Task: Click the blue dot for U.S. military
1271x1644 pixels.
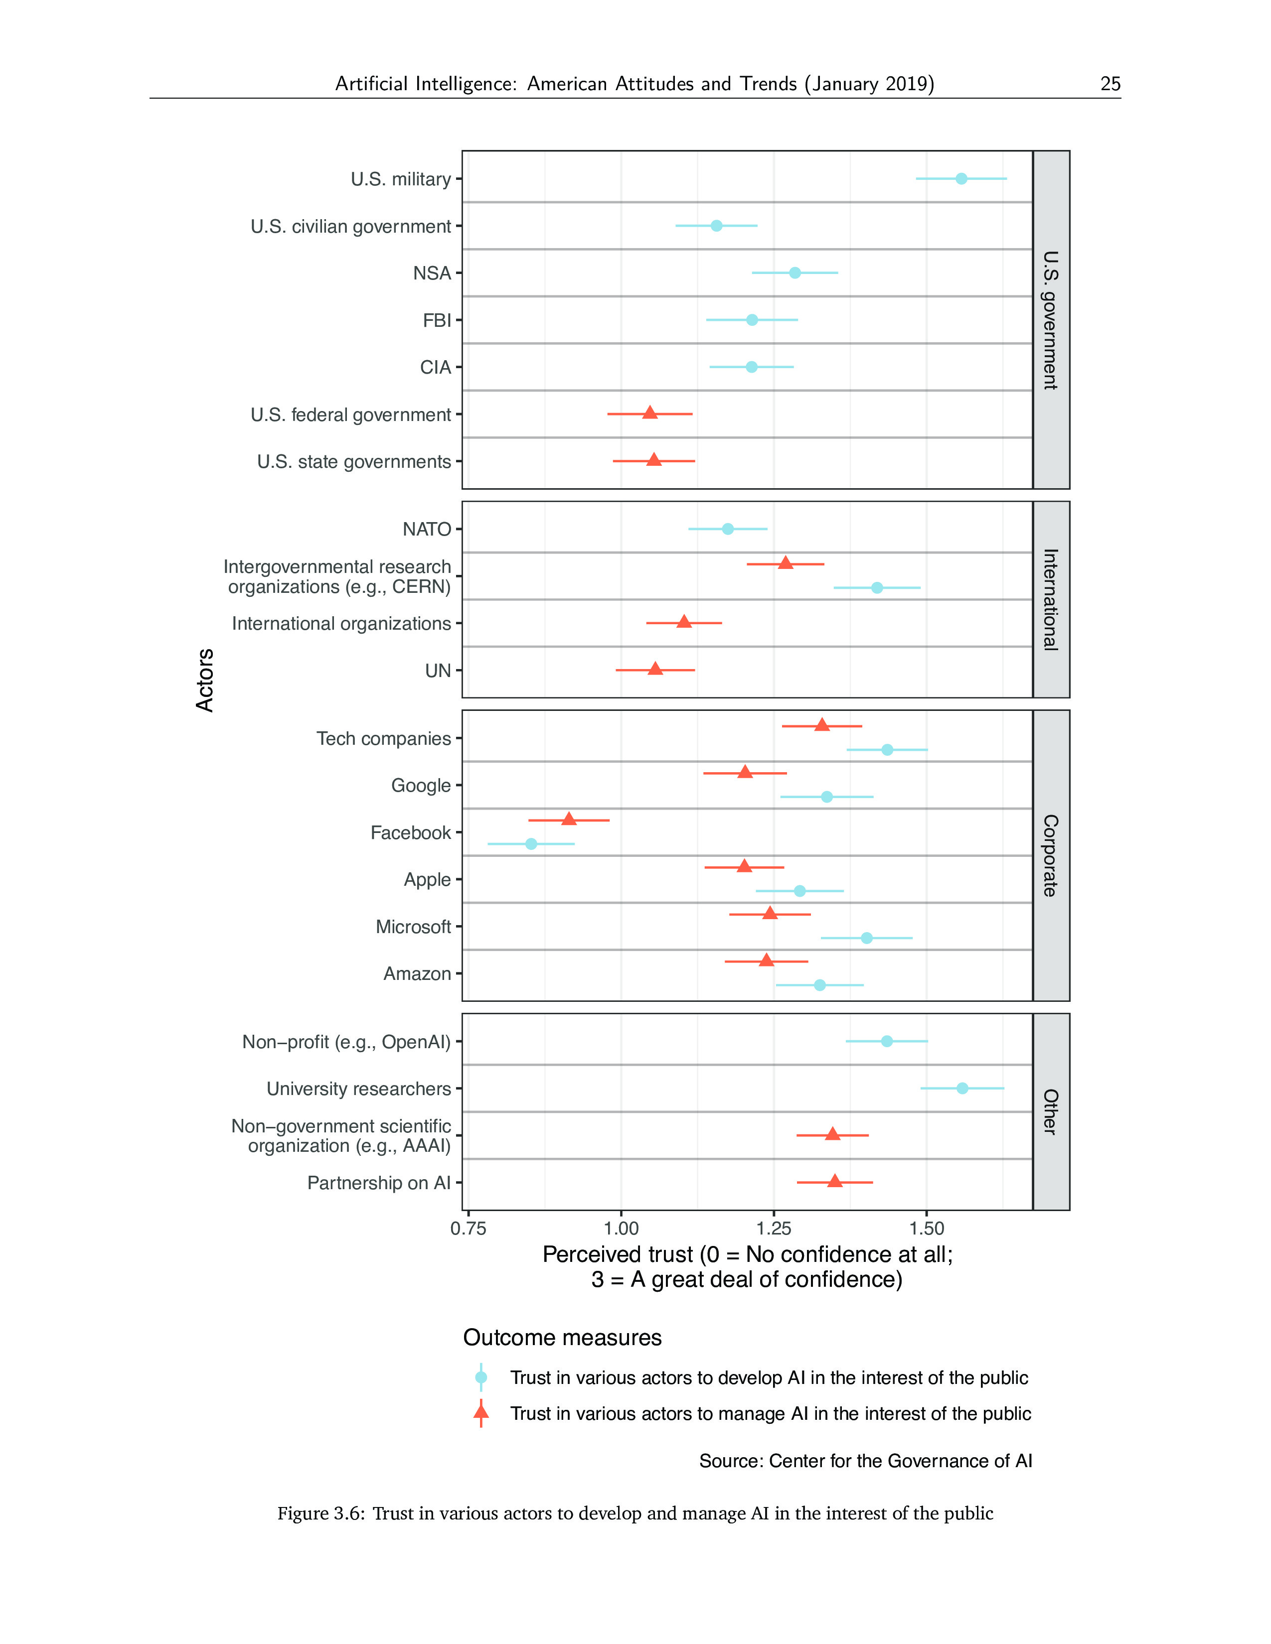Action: [x=961, y=178]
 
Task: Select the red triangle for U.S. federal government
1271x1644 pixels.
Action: [x=650, y=412]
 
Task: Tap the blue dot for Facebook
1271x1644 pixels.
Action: [x=531, y=844]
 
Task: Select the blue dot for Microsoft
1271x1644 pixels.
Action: [x=867, y=938]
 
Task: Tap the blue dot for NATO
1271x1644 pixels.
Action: [x=727, y=529]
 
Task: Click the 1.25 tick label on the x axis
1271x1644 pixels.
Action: [x=773, y=1229]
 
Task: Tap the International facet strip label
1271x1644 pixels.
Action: [x=1050, y=599]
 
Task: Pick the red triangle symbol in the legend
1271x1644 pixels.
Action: [x=481, y=1413]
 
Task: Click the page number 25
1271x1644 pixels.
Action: [x=1110, y=84]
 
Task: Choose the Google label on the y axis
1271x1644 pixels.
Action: [x=421, y=786]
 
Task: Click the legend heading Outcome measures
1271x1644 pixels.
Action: [x=562, y=1338]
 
